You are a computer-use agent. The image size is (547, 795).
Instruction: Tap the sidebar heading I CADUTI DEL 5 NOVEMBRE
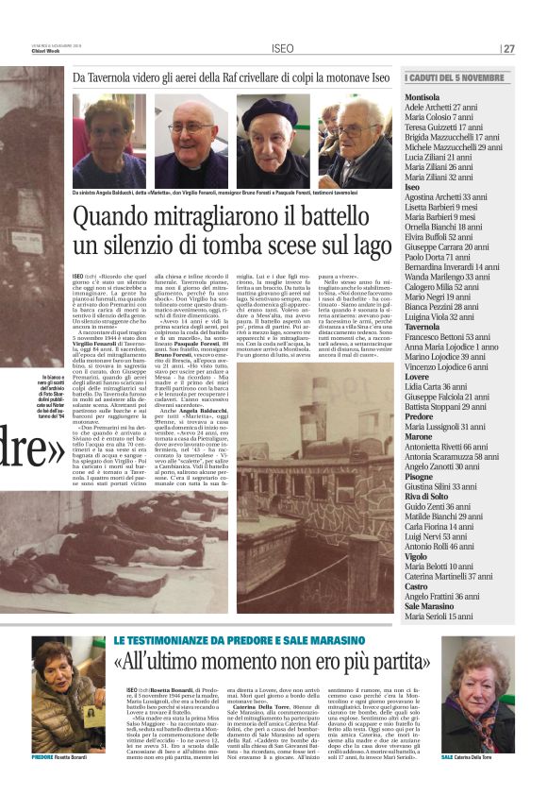click(456, 77)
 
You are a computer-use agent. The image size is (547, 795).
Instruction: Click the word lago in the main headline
click(365, 247)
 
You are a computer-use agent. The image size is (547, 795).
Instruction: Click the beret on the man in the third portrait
click(272, 109)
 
